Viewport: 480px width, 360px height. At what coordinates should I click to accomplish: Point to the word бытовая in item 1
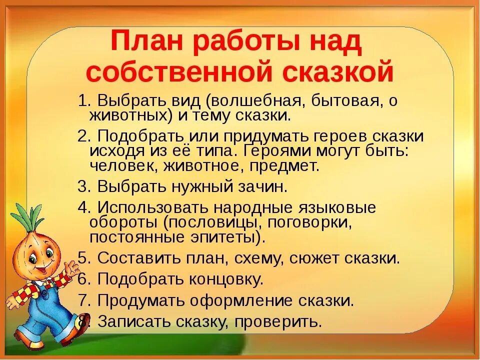tap(346, 101)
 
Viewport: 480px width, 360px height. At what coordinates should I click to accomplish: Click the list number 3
tap(83, 186)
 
